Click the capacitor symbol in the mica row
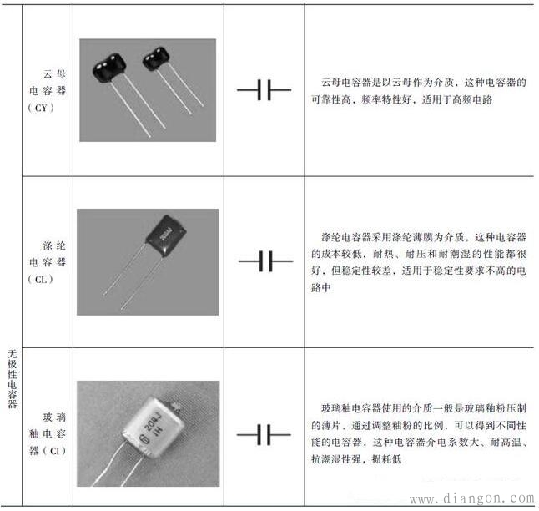point(264,89)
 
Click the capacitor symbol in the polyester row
point(264,262)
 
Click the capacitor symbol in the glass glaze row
point(264,435)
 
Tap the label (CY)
point(41,109)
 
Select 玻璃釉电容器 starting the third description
point(350,409)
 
